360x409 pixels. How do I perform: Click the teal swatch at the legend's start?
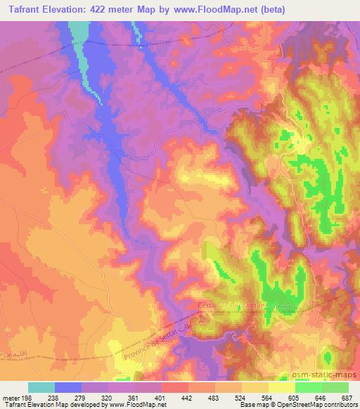[41, 387]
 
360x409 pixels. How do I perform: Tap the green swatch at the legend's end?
[335, 387]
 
